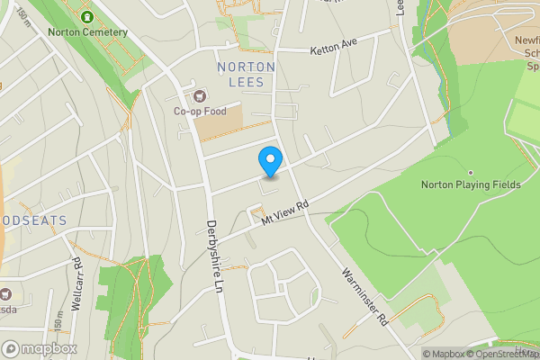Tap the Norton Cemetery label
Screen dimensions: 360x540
tap(88, 32)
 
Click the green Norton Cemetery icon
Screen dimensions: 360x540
tap(87, 17)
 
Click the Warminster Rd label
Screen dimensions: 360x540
tap(364, 294)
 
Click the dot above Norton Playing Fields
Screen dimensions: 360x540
tap(470, 172)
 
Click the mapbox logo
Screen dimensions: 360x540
tap(39, 347)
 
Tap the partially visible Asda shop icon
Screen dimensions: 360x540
tap(5, 293)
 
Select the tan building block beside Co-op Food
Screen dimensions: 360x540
tap(220, 123)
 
